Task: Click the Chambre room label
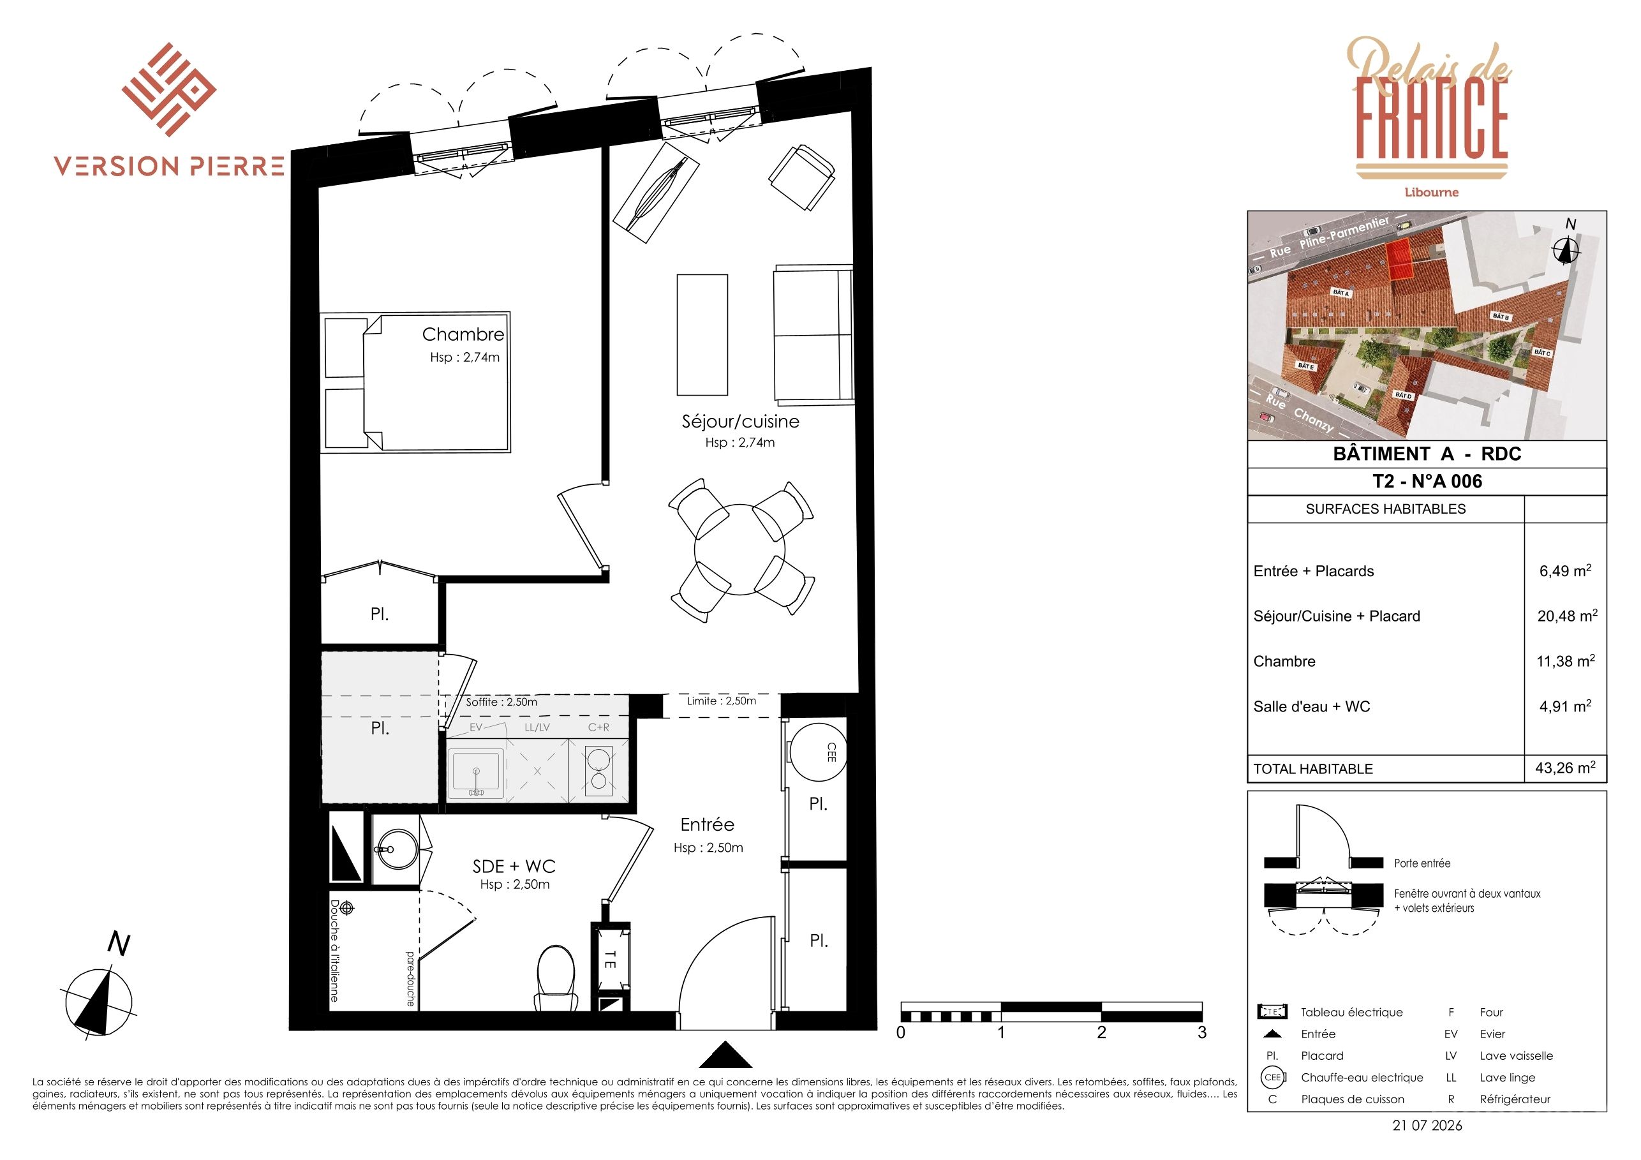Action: tap(463, 334)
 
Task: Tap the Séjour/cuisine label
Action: tap(741, 422)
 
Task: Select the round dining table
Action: tap(739, 549)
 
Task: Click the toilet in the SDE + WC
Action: tap(556, 978)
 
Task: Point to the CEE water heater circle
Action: tap(818, 752)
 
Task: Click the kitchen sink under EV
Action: tap(476, 774)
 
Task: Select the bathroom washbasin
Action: tap(395, 851)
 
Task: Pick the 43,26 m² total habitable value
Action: tap(1565, 768)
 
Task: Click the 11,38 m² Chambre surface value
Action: tap(1565, 661)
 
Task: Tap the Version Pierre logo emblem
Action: tap(169, 89)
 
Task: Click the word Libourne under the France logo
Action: tap(1431, 192)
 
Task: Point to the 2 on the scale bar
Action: tap(1101, 1033)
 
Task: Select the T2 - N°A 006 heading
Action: tap(1427, 482)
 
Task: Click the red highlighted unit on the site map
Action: tap(1399, 258)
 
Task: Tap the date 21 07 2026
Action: tap(1427, 1126)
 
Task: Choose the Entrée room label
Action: tap(707, 826)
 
